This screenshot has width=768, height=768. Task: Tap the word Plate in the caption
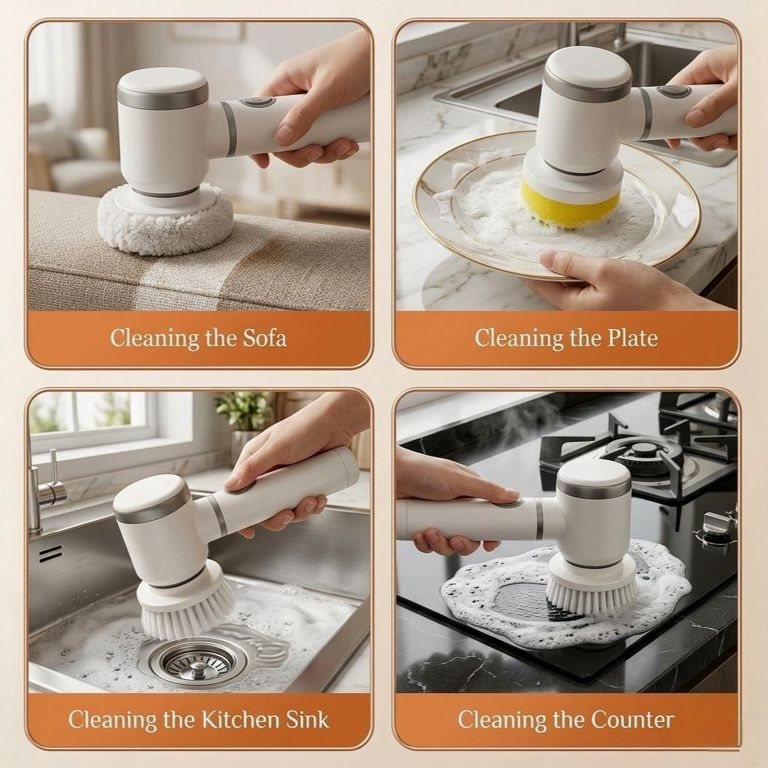coord(632,338)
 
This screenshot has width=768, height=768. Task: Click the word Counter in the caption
coord(632,720)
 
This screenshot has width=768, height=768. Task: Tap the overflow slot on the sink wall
coord(50,554)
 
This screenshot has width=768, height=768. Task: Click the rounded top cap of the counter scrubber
coord(593,478)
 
